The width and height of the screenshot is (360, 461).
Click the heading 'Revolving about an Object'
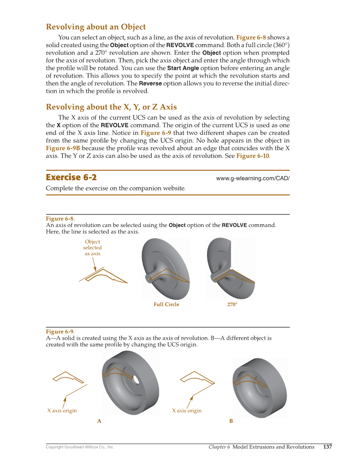pyautogui.click(x=96, y=27)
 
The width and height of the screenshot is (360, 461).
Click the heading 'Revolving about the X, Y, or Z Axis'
pyautogui.click(x=111, y=107)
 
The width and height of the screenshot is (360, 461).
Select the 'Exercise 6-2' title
pyautogui.click(x=71, y=177)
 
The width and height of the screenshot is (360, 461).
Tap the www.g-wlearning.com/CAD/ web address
pyautogui.click(x=253, y=178)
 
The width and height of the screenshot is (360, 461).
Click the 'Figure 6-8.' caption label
pyautogui.click(x=60, y=218)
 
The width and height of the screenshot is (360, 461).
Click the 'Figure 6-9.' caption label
pyautogui.click(x=60, y=331)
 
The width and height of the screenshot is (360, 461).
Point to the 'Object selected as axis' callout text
pyautogui.click(x=92, y=248)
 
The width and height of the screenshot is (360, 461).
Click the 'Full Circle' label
pyautogui.click(x=166, y=305)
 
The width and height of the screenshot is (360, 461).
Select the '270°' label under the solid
pyautogui.click(x=232, y=305)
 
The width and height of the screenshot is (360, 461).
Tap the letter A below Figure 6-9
pyautogui.click(x=99, y=421)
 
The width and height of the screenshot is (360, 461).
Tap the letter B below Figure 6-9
pyautogui.click(x=231, y=421)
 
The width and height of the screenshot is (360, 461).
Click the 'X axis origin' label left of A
pyautogui.click(x=62, y=411)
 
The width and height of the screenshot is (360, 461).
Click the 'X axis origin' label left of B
pyautogui.click(x=187, y=411)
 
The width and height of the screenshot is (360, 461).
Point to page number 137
pyautogui.click(x=327, y=447)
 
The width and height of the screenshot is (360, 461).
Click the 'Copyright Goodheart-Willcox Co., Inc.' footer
pyautogui.click(x=80, y=447)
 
